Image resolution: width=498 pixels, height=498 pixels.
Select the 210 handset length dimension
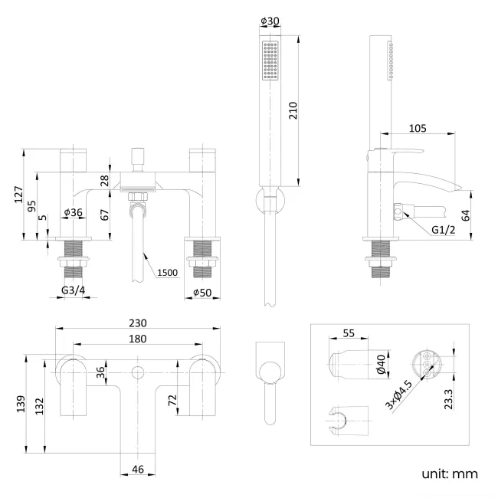tap(292, 112)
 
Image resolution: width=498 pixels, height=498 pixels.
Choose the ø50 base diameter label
tap(202, 293)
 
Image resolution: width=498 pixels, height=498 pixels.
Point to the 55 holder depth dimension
tap(348, 333)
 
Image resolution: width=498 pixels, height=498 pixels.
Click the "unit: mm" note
tap(449, 474)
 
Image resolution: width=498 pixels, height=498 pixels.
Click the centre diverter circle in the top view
tap(139, 373)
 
